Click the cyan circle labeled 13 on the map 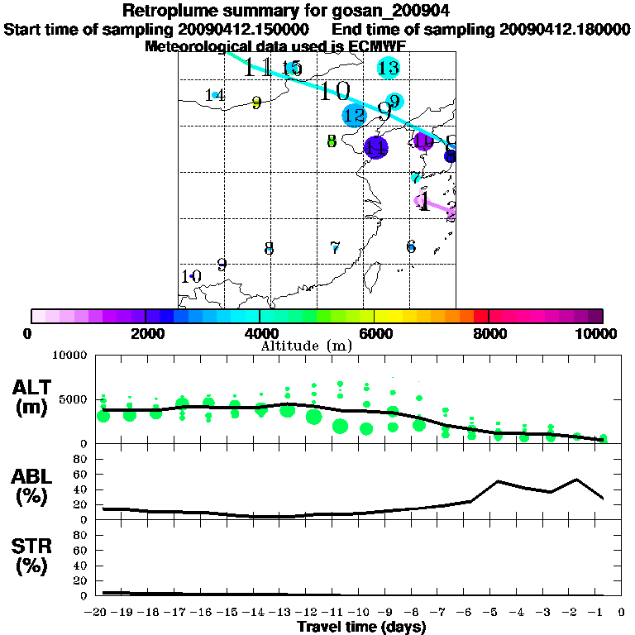[x=388, y=68]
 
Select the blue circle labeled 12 [x=354, y=116]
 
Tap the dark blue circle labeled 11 [x=376, y=148]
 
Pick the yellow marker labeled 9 [x=256, y=103]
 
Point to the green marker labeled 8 [x=332, y=141]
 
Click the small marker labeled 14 [x=215, y=95]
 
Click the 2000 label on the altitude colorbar [x=145, y=334]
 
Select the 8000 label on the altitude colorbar [x=489, y=334]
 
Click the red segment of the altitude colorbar [x=481, y=316]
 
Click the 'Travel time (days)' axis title [x=361, y=627]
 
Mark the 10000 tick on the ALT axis [x=69, y=356]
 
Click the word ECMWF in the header [x=379, y=46]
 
